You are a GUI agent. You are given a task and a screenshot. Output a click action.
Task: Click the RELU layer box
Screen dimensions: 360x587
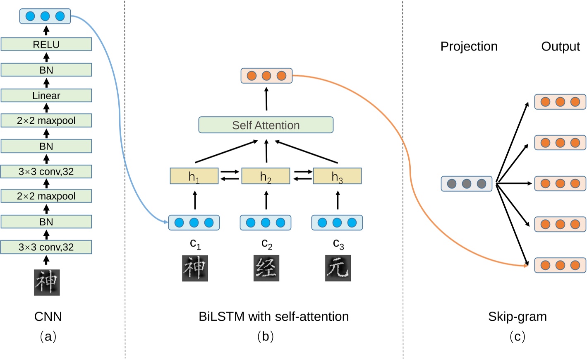point(46,44)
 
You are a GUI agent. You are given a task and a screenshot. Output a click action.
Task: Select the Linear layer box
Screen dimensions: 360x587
point(46,96)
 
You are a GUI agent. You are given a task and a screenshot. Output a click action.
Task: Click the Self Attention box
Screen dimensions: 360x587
point(266,125)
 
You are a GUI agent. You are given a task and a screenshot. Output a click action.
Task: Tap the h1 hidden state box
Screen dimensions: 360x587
point(194,176)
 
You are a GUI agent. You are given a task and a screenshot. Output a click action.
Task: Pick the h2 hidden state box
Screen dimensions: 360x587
point(266,176)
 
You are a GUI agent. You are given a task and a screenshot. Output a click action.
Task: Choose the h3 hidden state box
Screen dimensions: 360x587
point(337,176)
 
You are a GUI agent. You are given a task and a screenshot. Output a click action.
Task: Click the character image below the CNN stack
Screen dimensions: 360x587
point(47,282)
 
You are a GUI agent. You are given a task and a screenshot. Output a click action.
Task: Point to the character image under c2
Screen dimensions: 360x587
point(266,268)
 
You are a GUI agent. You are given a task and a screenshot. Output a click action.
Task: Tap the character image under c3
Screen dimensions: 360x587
point(338,268)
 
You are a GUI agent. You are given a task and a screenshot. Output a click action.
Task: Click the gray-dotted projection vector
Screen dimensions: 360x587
point(466,184)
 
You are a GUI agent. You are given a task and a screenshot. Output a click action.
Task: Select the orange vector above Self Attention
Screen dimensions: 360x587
point(266,76)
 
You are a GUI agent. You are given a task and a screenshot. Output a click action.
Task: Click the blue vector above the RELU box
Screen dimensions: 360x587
point(45,16)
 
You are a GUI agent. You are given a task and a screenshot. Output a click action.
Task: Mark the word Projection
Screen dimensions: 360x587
point(469,46)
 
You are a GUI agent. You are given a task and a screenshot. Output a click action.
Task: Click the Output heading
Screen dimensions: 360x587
point(560,46)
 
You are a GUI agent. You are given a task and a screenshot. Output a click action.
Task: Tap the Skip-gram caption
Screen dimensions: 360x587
point(517,317)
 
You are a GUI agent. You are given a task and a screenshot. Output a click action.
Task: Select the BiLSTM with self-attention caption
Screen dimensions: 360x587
point(273,317)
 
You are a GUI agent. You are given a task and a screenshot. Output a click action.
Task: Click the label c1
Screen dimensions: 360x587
point(195,244)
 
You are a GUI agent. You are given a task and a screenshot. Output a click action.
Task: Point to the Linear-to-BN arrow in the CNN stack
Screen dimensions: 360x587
point(46,83)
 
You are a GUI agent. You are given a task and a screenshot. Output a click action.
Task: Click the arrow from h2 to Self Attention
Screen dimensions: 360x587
point(266,151)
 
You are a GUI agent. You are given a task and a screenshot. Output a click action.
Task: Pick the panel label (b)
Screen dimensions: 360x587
point(265,336)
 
